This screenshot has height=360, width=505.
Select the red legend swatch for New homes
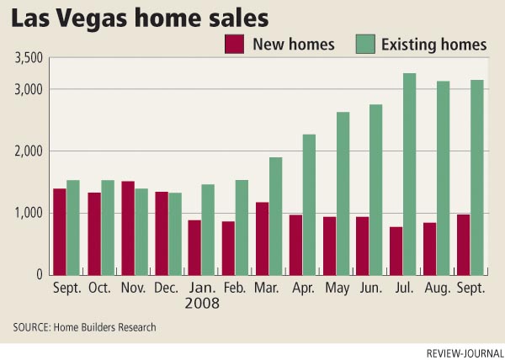[x=233, y=45]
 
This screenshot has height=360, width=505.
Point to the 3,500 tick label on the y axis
[x=29, y=59]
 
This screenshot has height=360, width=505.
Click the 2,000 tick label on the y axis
[x=29, y=151]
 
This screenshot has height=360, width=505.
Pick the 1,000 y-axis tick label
[x=29, y=213]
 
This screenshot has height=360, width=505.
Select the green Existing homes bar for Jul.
[x=410, y=174]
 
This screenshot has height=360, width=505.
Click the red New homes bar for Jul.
[x=396, y=251]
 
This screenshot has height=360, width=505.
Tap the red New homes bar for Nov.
[x=128, y=228]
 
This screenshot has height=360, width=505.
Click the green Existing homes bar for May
[x=343, y=193]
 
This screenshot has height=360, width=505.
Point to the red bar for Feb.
[x=229, y=248]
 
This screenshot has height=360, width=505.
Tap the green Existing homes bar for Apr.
[x=309, y=204]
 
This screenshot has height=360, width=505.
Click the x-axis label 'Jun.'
[x=369, y=287]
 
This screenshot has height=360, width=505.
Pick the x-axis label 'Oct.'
[x=101, y=287]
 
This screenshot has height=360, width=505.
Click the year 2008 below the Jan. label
[x=202, y=302]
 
